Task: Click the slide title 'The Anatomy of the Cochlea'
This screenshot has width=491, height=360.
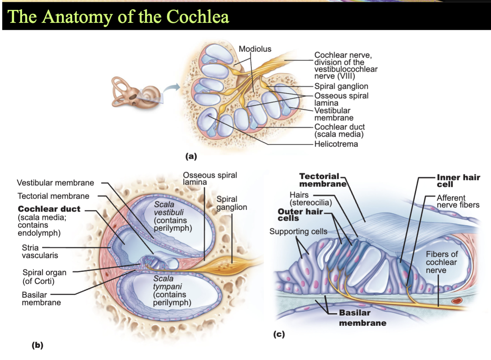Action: (x=118, y=17)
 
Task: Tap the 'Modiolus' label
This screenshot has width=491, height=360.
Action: (x=255, y=49)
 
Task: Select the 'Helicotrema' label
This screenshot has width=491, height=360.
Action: (x=336, y=144)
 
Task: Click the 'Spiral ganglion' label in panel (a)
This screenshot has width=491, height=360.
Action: (x=341, y=86)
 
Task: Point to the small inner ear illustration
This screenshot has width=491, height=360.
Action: (x=137, y=93)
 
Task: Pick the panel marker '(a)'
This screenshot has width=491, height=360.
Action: (x=191, y=156)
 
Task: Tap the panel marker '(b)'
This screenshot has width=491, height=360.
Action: (x=38, y=345)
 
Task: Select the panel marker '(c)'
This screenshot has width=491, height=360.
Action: (x=279, y=334)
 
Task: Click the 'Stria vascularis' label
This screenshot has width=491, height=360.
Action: (x=40, y=251)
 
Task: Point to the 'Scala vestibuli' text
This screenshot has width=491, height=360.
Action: (x=169, y=208)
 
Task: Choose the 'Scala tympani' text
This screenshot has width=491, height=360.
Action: (x=167, y=282)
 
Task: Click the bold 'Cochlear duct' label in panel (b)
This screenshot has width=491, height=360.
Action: (x=49, y=209)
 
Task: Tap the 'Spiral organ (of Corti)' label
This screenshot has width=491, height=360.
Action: (x=44, y=276)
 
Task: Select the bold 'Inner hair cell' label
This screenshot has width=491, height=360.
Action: (x=458, y=180)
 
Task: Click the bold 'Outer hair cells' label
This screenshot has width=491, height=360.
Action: (x=300, y=215)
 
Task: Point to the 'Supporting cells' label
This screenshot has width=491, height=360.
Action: (x=298, y=231)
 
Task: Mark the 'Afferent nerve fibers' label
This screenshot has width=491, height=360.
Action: (x=458, y=201)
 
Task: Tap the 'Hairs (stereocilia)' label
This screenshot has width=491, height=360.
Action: (x=311, y=199)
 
